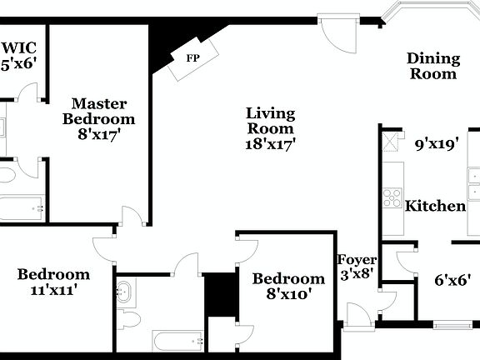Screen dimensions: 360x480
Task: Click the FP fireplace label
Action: click(x=192, y=58)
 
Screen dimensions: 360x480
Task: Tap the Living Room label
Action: click(x=269, y=121)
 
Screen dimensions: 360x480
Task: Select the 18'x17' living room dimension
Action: click(x=269, y=143)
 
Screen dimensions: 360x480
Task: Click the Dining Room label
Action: click(x=432, y=66)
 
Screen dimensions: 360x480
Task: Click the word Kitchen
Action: click(x=434, y=206)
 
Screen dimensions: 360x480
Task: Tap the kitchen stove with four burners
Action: click(x=392, y=197)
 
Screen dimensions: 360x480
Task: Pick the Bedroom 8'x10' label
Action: click(x=288, y=286)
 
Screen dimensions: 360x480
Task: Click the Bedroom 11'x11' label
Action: click(x=53, y=282)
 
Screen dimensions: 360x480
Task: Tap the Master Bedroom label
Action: click(x=98, y=118)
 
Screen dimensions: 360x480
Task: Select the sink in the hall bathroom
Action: click(x=126, y=292)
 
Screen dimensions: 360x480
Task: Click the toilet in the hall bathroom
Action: click(x=129, y=318)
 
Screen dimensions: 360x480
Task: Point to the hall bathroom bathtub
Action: click(x=177, y=339)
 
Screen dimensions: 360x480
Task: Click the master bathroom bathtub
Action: click(x=22, y=207)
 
